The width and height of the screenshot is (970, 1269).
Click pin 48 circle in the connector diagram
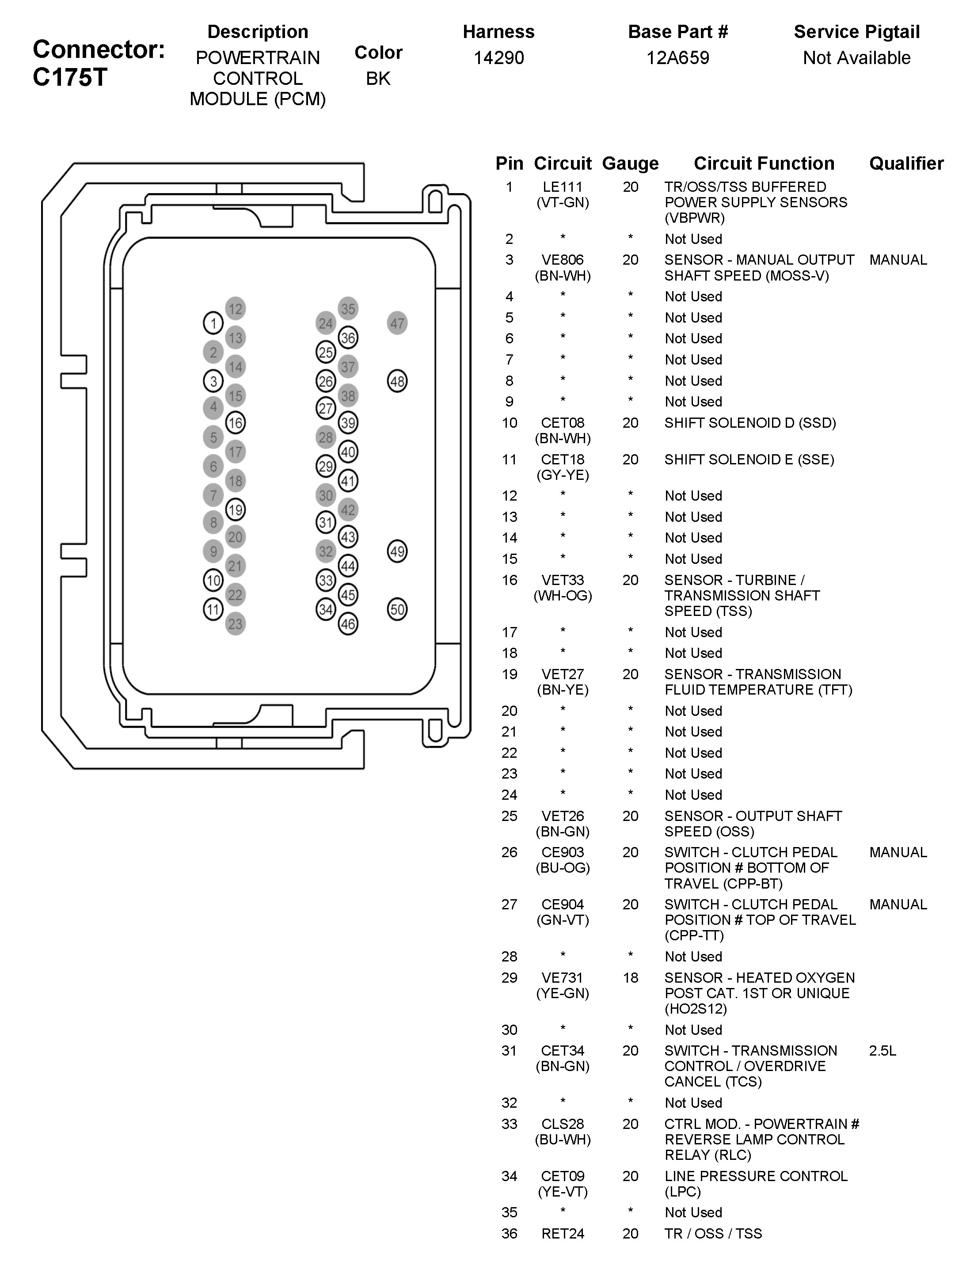[x=397, y=381]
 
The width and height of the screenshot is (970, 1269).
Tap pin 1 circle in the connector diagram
[x=213, y=323]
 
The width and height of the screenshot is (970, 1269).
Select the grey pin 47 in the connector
[x=397, y=323]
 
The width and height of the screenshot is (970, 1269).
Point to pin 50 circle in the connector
[x=397, y=609]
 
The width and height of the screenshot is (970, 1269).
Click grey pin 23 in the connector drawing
[x=235, y=623]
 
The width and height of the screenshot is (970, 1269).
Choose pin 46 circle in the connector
[x=348, y=623]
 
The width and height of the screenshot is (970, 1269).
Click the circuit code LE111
[x=563, y=187]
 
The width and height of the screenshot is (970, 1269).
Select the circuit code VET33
[x=563, y=580]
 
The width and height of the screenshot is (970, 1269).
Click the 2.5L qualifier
[x=882, y=1050]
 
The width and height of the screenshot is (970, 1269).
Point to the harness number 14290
[x=499, y=58]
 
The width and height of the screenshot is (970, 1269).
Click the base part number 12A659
[x=678, y=58]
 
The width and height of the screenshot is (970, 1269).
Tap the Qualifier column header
[x=906, y=163]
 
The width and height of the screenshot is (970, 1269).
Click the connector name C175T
[x=70, y=77]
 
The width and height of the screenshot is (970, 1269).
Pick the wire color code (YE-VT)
[x=563, y=1192]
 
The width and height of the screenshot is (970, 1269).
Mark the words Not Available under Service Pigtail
[x=856, y=58]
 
